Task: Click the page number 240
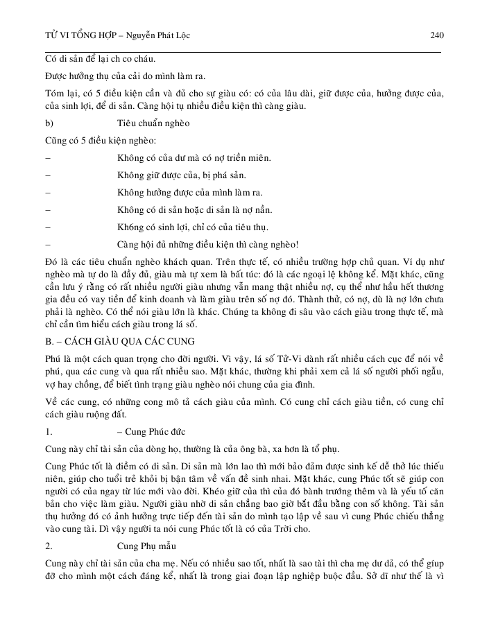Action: pos(436,35)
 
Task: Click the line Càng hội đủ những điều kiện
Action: pos(208,244)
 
